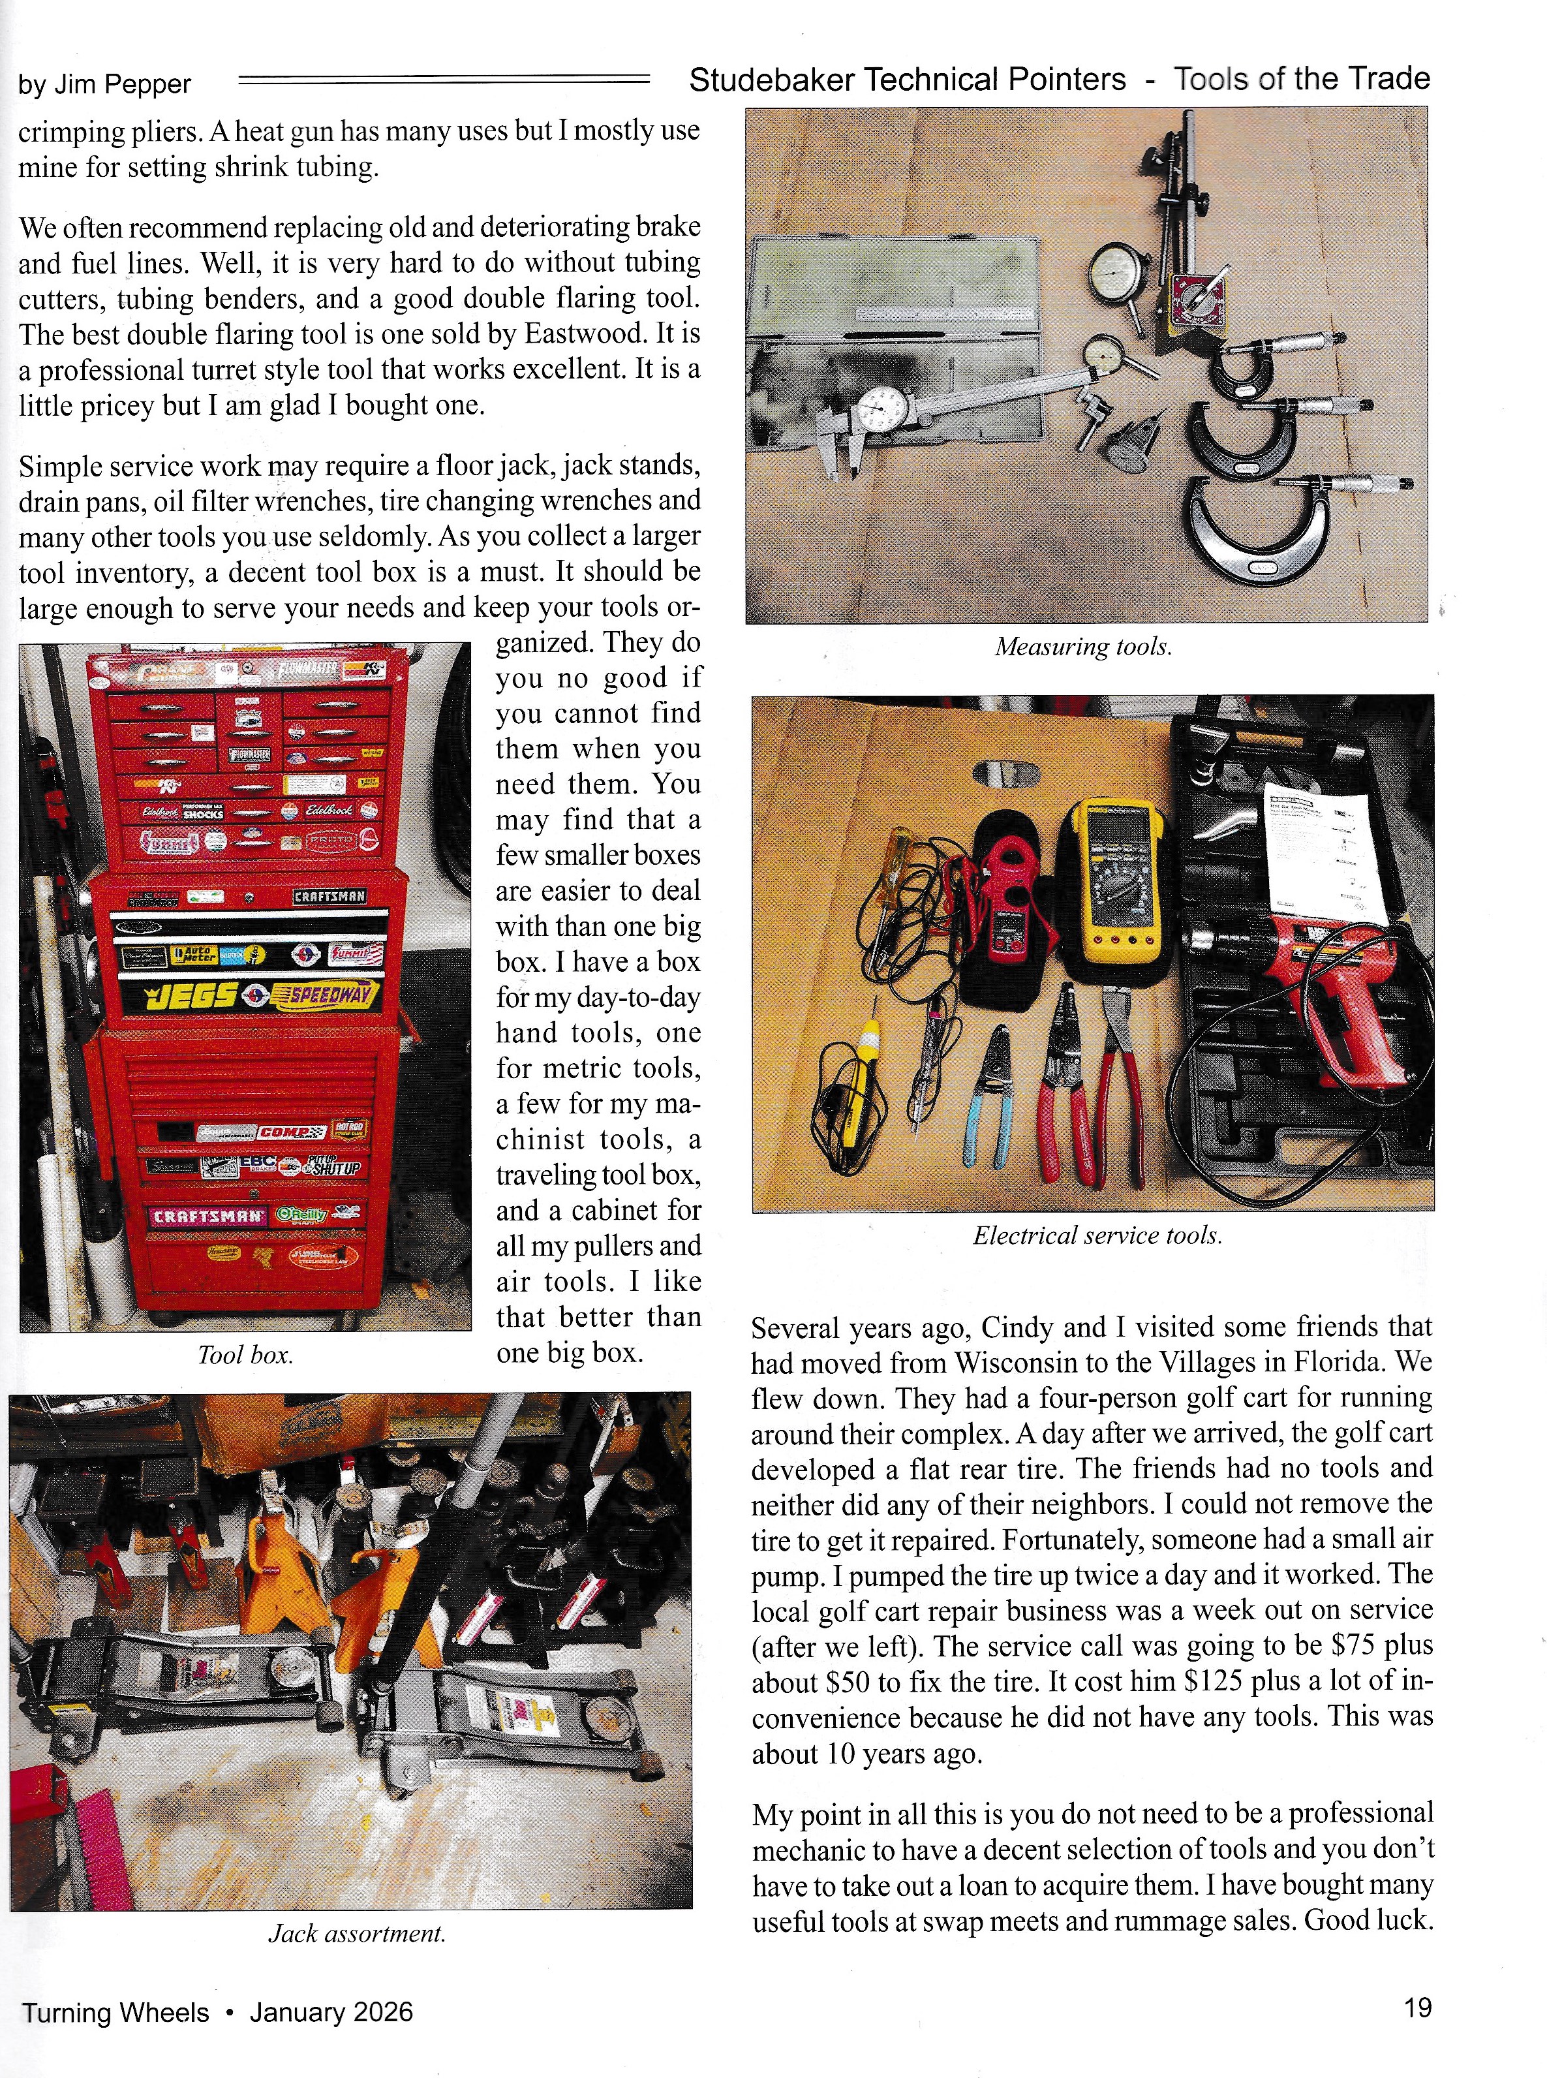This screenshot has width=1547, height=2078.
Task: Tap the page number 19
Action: tap(1418, 2007)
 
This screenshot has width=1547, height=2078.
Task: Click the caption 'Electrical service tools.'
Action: tap(1097, 1235)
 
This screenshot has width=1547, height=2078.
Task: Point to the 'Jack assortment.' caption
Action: tap(357, 1933)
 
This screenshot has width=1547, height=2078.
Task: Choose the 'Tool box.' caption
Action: tap(245, 1354)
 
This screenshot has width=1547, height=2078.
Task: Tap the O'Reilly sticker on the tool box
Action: tap(301, 1215)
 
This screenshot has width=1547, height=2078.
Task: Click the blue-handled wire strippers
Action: tap(988, 1096)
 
